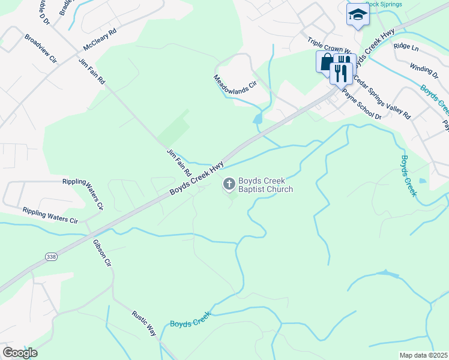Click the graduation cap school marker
(x=358, y=14)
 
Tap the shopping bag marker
(x=326, y=61)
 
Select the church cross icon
(x=229, y=183)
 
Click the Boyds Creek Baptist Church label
(x=265, y=185)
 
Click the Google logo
(x=20, y=353)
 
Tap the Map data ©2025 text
(x=423, y=355)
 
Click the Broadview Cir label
(x=40, y=49)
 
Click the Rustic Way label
(x=144, y=323)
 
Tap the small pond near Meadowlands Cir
(x=258, y=119)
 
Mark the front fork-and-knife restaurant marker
(x=339, y=73)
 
